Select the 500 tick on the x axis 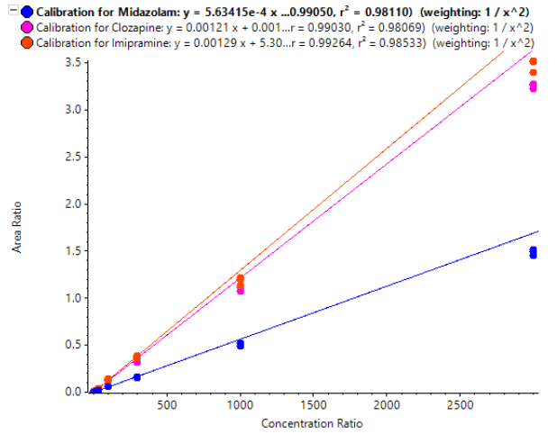166,406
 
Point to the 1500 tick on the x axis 314,406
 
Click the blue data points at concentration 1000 240,344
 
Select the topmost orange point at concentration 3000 534,61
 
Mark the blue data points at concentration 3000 534,252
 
